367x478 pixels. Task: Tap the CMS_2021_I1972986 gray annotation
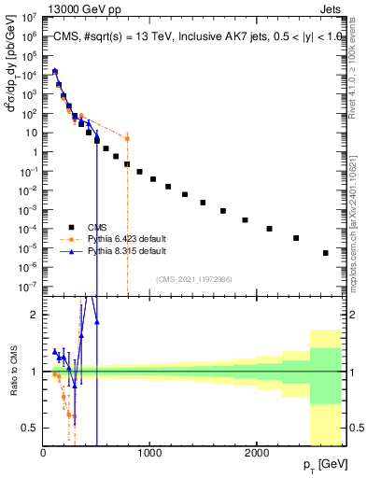click(194, 278)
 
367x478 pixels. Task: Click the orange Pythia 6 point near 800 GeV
click(127, 138)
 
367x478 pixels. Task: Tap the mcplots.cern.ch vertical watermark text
click(357, 224)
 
